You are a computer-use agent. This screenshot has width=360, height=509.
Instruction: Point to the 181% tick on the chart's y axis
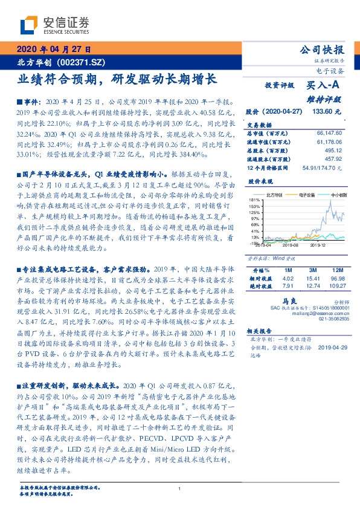coord(254,199)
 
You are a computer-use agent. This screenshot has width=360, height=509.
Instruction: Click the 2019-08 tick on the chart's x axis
coord(291,245)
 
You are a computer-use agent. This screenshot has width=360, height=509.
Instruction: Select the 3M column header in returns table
coord(312,268)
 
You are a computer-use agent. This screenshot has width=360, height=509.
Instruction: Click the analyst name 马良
coord(288,300)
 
